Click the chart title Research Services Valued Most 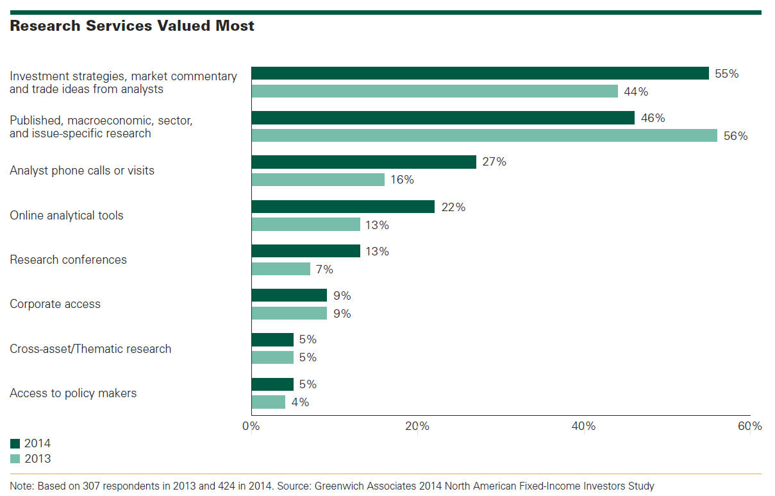tap(132, 26)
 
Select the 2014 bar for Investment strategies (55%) tap(479, 73)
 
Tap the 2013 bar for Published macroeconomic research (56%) tap(484, 135)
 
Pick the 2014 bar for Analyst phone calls tap(363, 162)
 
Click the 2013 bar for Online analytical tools tap(306, 225)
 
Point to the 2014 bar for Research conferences tap(306, 251)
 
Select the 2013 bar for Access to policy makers tap(268, 402)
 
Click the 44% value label tap(636, 92)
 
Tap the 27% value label tap(494, 162)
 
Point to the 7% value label tap(325, 269)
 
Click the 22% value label tap(453, 207)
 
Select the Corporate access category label tap(55, 304)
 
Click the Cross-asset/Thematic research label tap(90, 349)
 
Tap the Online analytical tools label tap(67, 216)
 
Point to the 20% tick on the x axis tap(417, 426)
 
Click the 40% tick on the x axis tap(583, 426)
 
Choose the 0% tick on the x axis tap(251, 426)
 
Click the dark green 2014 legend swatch tap(15, 443)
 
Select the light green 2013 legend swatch tap(15, 459)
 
